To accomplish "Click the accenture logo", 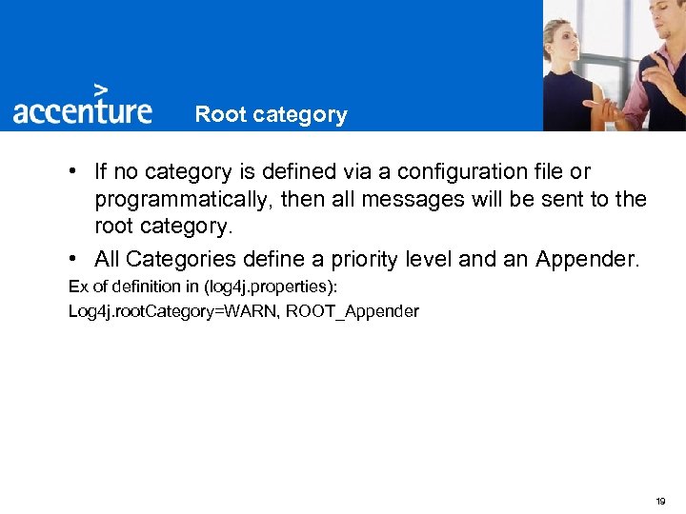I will [x=82, y=110].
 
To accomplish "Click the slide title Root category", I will [x=271, y=115].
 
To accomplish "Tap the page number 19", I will [x=660, y=501].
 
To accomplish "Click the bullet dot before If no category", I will [x=73, y=172].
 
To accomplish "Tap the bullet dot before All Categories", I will [x=73, y=259].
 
